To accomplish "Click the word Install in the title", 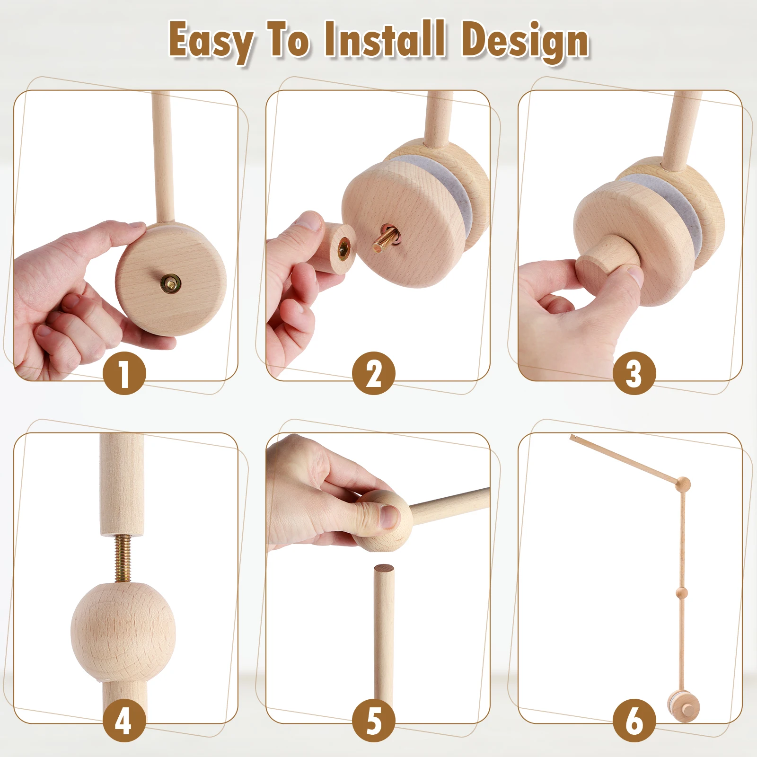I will pos(384,40).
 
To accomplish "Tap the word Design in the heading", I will pos(525,42).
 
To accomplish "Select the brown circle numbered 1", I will pos(124,373).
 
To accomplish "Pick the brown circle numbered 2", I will pos(373,373).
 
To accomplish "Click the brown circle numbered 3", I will pos(634,373).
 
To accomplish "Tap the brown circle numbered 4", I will pos(124,720).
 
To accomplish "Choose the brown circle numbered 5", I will pos(373,720).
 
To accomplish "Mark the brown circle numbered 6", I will pos(634,720).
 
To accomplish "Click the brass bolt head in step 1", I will pos(171,283).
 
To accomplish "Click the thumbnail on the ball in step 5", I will pos(390,517).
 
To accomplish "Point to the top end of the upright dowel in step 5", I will pos(383,569).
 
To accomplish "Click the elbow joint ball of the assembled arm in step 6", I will pos(683,484).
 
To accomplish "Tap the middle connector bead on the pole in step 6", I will pos(682,592).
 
